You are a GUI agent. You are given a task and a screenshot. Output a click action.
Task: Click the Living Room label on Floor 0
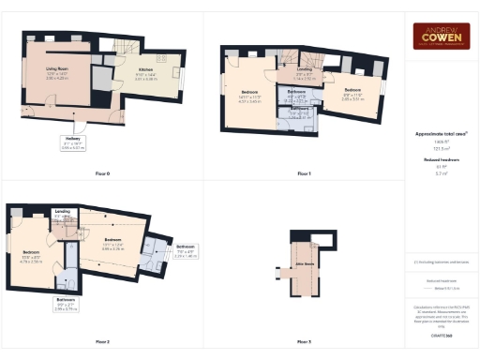click(x=59, y=70)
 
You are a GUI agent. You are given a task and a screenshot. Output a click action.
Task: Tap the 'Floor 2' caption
click(x=102, y=341)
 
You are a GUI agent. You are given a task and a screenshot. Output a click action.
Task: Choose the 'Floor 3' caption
click(x=304, y=341)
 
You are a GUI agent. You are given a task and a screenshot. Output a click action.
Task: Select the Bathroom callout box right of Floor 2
click(x=186, y=252)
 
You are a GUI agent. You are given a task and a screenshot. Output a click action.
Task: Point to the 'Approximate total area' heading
click(x=441, y=134)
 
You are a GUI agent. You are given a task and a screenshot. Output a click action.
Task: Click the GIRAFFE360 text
click(x=442, y=334)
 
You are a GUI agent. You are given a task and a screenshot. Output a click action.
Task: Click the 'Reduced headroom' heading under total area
click(x=441, y=160)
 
